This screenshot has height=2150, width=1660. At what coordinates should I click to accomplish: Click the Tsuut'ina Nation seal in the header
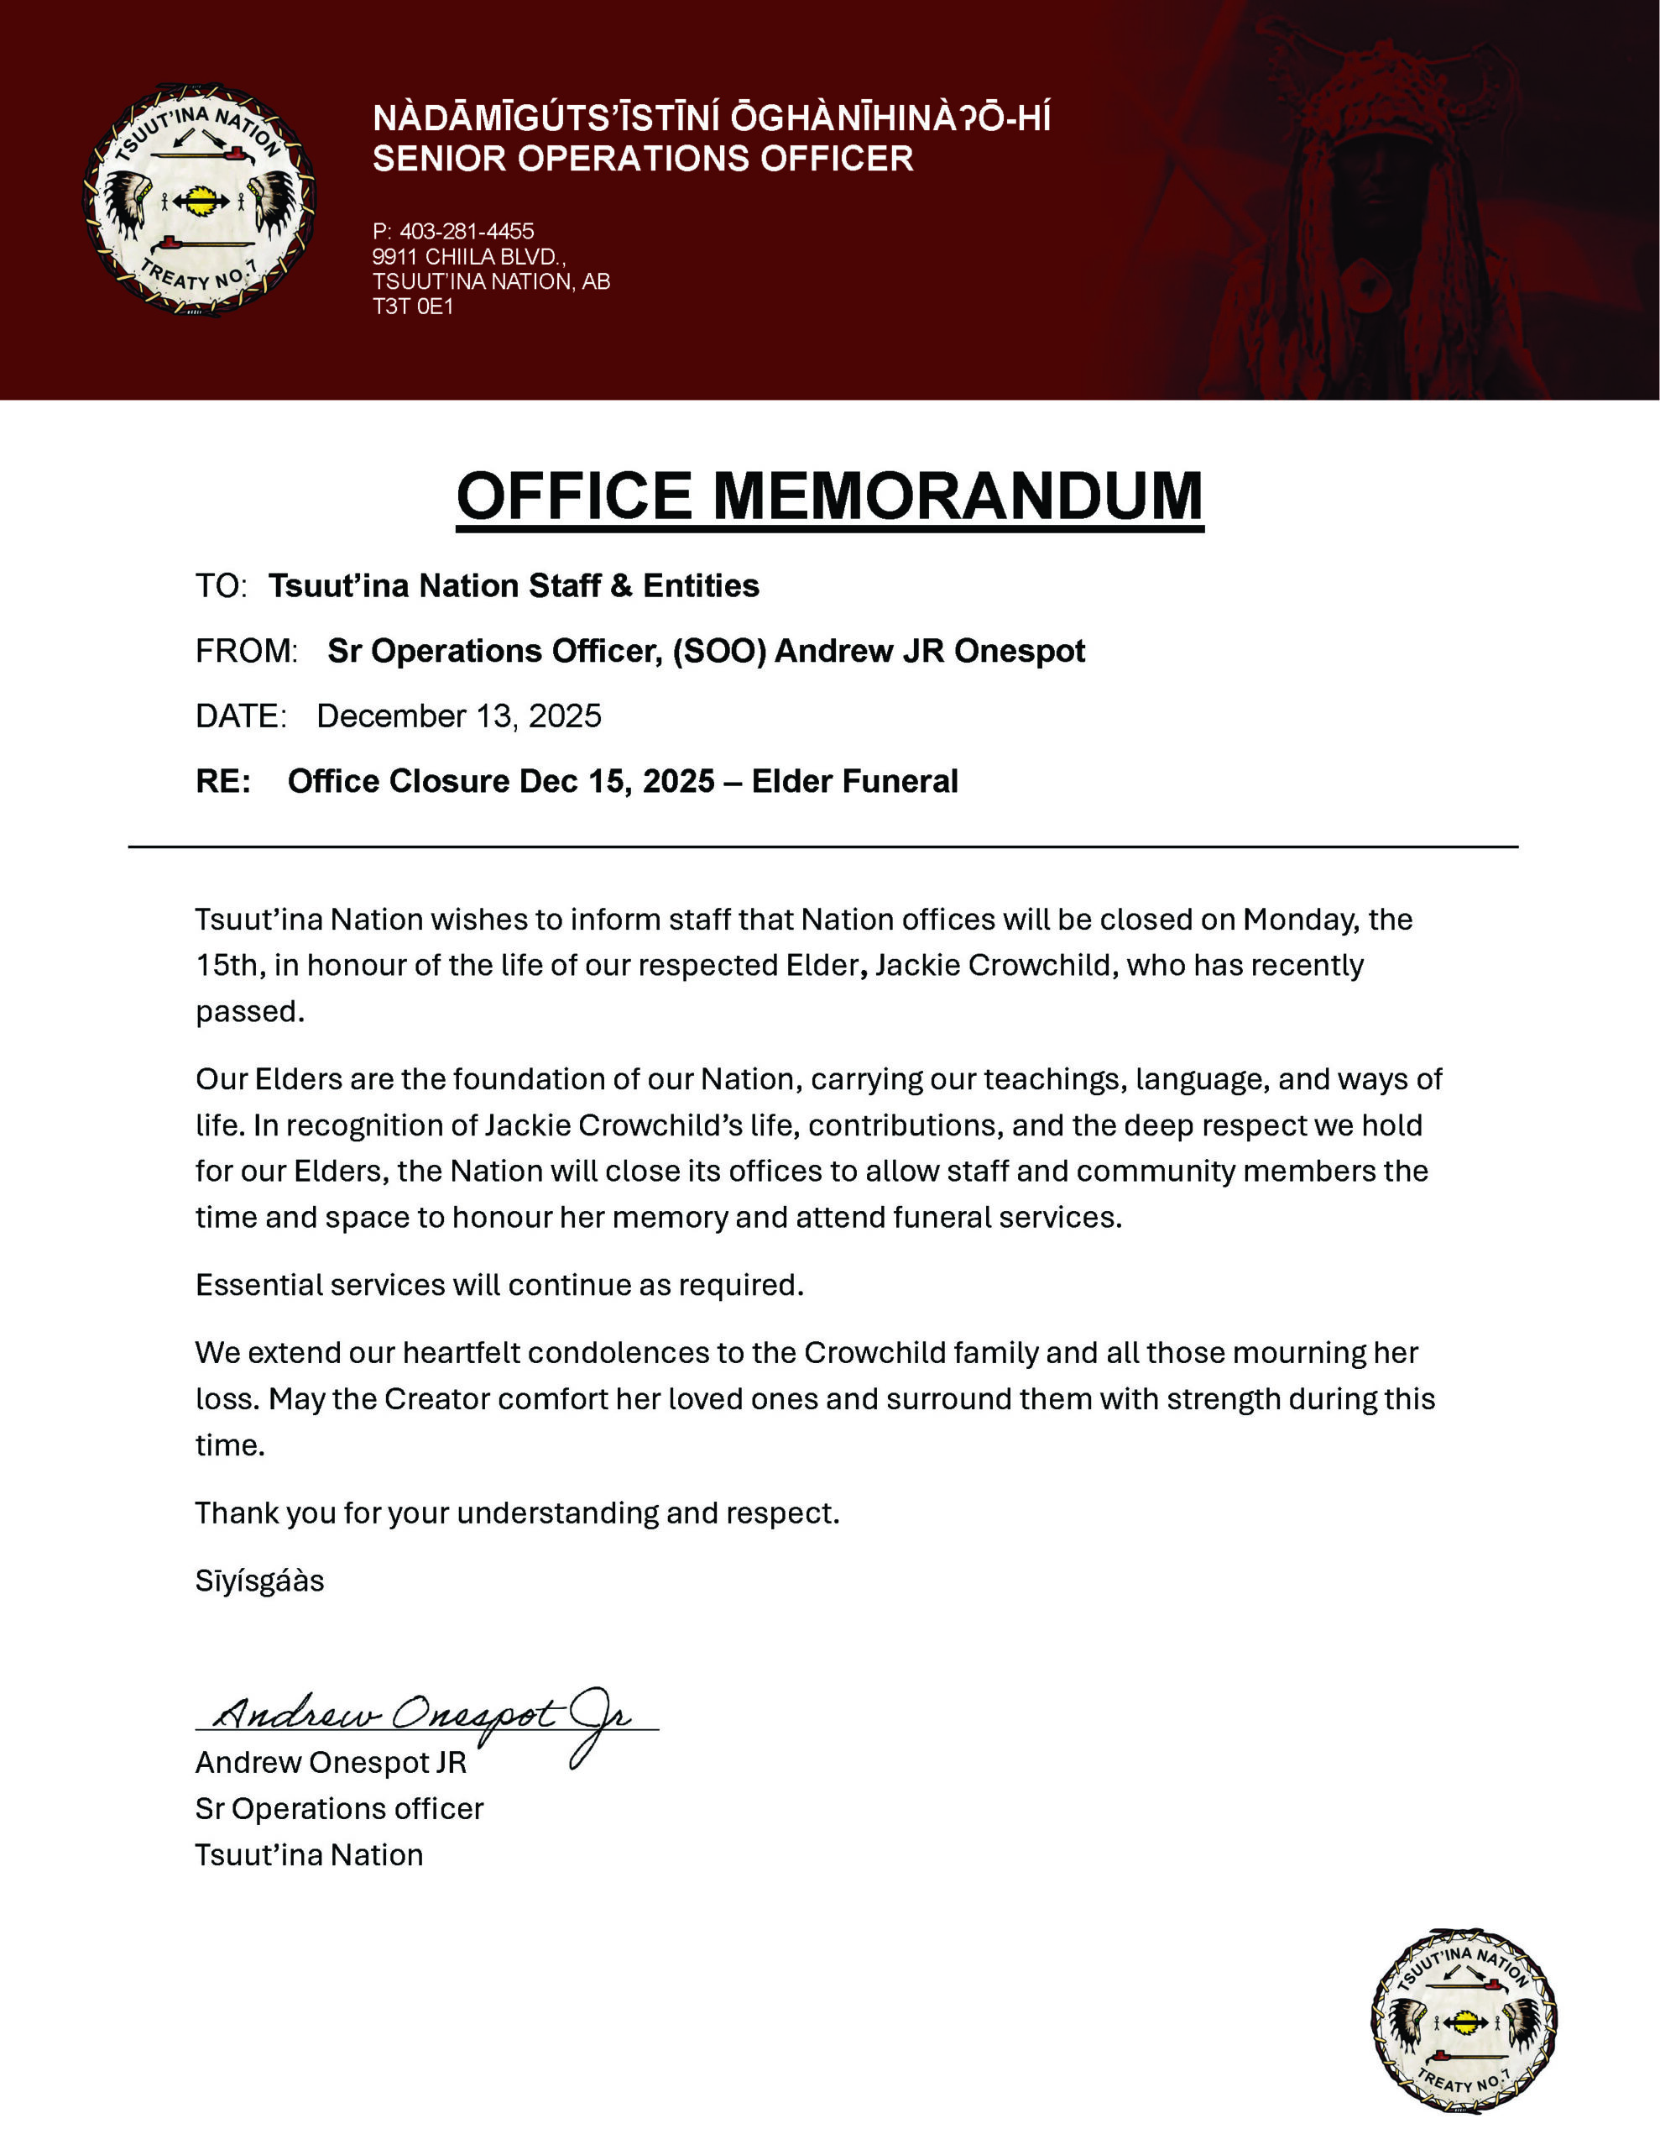[200, 200]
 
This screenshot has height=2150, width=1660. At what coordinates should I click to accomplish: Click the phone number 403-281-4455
[467, 231]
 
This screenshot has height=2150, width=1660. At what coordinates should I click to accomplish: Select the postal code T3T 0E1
[412, 307]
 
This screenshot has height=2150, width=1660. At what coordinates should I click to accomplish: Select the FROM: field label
[246, 651]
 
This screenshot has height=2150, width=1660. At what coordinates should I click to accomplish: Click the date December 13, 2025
[458, 716]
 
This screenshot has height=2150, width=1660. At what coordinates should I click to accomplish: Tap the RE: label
[223, 781]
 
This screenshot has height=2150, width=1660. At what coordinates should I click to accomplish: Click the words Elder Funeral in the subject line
[854, 781]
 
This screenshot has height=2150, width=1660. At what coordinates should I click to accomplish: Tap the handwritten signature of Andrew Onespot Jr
[423, 1715]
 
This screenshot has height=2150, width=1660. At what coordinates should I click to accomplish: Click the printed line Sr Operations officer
[340, 1808]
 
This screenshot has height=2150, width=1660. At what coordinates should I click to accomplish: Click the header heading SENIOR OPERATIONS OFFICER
[643, 159]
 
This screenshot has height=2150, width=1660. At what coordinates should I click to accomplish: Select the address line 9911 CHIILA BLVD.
[468, 257]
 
